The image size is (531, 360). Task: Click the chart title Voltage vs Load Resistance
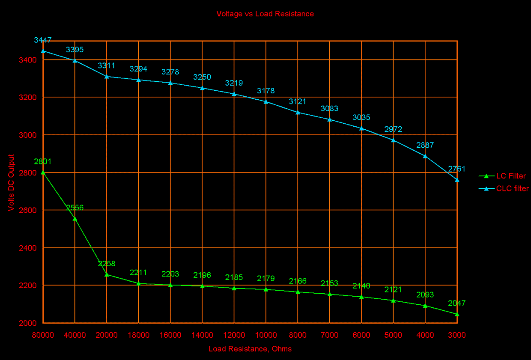[265, 14]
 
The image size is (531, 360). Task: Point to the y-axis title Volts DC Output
[11, 182]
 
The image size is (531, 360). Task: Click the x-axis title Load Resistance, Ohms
[250, 349]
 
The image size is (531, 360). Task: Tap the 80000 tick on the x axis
[43, 335]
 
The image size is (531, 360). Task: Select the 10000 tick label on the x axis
[266, 335]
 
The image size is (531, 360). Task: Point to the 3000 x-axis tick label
[457, 335]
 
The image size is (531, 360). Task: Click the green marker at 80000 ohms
[43, 172]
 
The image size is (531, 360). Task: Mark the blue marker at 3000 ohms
[457, 180]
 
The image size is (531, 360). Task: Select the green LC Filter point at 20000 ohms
[107, 274]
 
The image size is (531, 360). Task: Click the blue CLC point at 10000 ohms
[266, 101]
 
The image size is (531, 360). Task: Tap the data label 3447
[43, 40]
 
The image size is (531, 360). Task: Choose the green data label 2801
[43, 162]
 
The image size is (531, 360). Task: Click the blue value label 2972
[393, 129]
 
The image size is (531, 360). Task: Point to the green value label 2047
[457, 303]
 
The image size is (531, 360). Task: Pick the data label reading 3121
[298, 101]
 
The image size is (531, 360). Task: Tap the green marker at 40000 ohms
[75, 219]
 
